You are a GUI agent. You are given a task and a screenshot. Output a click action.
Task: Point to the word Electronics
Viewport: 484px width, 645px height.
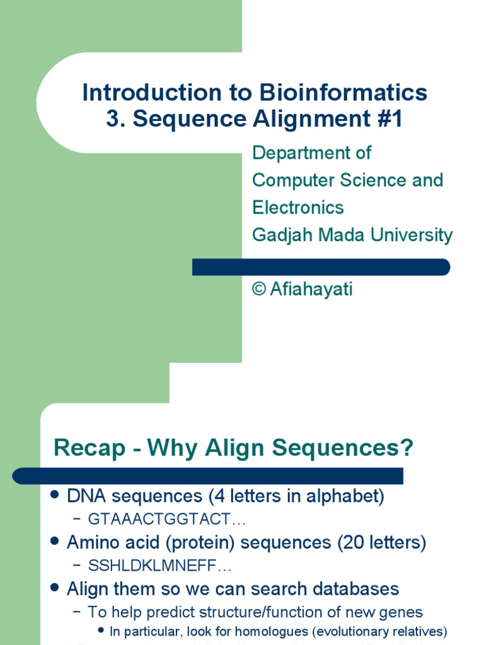(298, 207)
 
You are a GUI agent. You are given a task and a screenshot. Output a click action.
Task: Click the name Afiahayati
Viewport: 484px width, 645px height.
(311, 290)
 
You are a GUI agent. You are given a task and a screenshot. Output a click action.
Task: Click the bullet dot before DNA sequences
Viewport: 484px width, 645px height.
(55, 496)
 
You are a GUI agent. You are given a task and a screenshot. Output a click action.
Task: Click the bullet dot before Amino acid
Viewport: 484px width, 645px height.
(55, 542)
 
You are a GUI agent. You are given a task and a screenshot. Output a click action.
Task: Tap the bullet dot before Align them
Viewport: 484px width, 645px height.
(55, 589)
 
